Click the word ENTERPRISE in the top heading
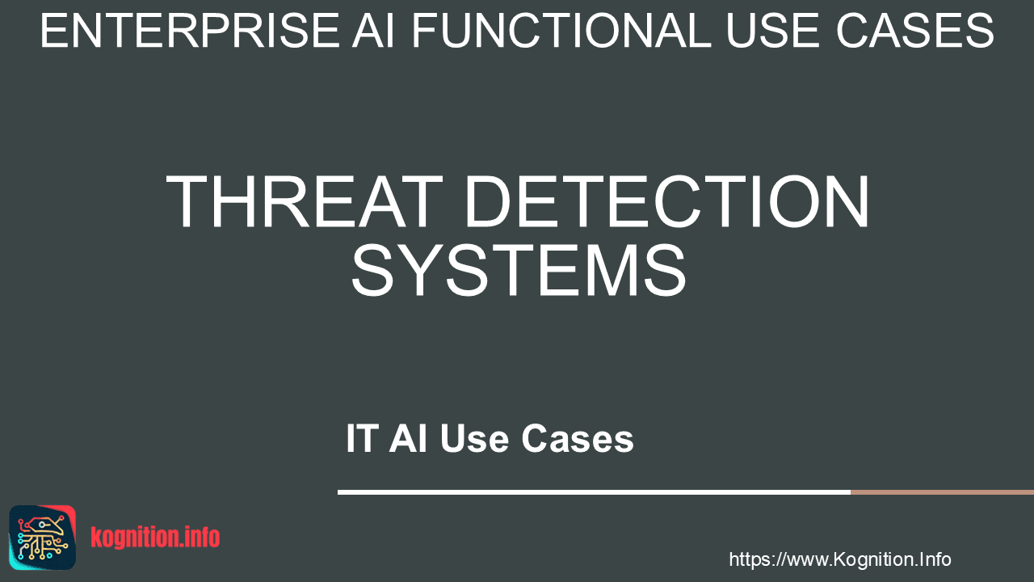[190, 31]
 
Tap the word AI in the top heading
[374, 31]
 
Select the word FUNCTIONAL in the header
[561, 31]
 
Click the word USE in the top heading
[774, 31]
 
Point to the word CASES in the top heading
[914, 31]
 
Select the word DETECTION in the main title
[667, 201]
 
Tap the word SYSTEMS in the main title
[519, 270]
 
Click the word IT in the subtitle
[360, 438]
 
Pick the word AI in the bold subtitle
[408, 438]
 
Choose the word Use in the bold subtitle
[474, 438]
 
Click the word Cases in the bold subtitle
[578, 438]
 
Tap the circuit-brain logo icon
[43, 538]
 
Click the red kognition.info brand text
[155, 538]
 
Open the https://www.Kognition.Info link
[840, 559]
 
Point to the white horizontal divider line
[594, 492]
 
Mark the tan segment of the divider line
[942, 492]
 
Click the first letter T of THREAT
[186, 201]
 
